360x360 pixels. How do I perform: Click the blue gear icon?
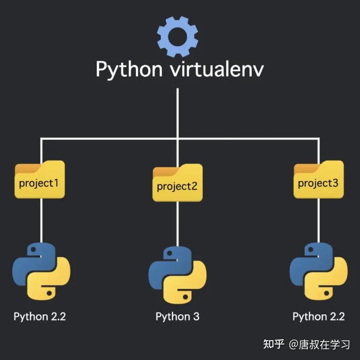(x=177, y=37)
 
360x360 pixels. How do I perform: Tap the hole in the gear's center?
(x=177, y=37)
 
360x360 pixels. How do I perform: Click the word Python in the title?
(x=129, y=70)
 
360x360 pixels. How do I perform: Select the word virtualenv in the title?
(x=217, y=68)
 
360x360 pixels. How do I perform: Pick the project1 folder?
(x=40, y=179)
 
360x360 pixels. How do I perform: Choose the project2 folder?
(x=177, y=183)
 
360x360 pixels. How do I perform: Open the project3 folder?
(x=319, y=179)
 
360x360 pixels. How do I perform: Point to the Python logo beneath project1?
(x=41, y=272)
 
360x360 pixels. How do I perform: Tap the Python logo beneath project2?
(x=177, y=275)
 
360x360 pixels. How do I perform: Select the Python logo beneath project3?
(x=319, y=272)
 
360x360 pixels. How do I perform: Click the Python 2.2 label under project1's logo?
(x=40, y=317)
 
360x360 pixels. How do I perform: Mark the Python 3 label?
(x=177, y=317)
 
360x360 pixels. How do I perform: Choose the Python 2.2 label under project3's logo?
(x=319, y=317)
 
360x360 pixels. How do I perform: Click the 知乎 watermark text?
(x=274, y=344)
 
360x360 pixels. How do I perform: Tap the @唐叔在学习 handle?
(x=320, y=344)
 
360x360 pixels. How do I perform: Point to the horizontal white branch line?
(x=180, y=138)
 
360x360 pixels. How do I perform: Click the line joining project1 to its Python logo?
(x=41, y=221)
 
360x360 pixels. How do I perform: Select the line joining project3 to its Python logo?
(x=319, y=221)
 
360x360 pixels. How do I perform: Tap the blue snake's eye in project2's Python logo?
(x=169, y=253)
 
